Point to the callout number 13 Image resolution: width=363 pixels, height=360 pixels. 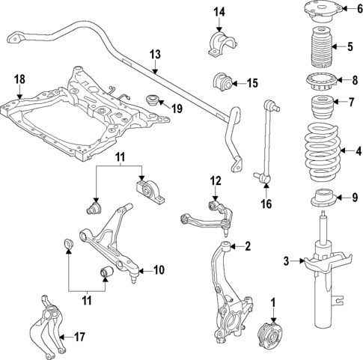point(155,54)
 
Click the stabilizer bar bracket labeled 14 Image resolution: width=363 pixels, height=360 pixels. point(217,43)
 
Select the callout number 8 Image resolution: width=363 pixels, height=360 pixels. point(356,78)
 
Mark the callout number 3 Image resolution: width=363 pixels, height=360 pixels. point(285,260)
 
